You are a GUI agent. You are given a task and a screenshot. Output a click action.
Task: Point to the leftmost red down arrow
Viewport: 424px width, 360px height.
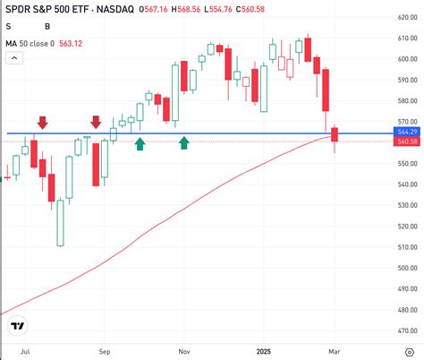point(42,122)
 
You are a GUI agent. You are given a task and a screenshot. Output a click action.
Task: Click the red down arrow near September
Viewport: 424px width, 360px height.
point(96,122)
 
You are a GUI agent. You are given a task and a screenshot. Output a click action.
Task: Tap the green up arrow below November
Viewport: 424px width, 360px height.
point(184,142)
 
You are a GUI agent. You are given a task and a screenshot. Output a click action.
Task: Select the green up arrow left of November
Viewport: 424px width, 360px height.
point(140,142)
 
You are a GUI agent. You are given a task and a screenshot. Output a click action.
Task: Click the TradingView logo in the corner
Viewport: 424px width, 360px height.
point(19,325)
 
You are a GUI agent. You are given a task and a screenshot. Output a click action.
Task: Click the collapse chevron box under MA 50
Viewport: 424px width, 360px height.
point(14,57)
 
